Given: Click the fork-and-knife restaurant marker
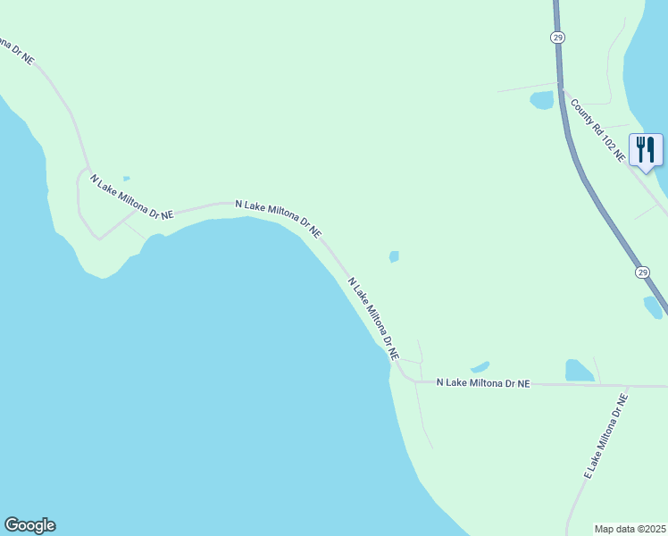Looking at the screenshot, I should (647, 149).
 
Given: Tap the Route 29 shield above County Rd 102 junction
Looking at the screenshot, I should (557, 37).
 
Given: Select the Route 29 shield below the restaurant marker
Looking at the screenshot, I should (642, 272).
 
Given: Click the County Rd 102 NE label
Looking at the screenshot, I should (598, 130).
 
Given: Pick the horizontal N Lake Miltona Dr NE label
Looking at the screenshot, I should (483, 382).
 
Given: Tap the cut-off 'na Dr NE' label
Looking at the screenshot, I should (17, 52).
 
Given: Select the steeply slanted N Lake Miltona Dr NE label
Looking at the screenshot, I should (372, 318).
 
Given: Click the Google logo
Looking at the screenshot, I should (29, 525).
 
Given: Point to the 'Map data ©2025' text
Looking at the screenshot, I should (630, 528).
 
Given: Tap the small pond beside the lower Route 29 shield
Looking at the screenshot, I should (653, 306).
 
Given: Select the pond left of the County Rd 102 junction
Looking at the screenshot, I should (542, 100).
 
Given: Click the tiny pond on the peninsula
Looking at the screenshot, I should (126, 179).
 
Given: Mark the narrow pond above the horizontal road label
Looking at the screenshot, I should (480, 366).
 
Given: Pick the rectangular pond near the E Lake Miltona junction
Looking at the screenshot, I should (579, 370).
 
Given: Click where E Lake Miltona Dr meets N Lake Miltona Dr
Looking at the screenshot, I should (627, 386).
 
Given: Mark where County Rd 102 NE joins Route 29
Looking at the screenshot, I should (561, 87).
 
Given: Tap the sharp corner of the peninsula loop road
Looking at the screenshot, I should (99, 239).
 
